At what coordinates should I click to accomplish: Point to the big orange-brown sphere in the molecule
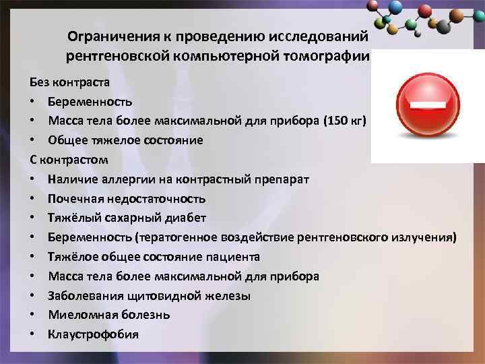(x=476, y=14)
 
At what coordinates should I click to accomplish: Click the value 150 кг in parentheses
(x=346, y=121)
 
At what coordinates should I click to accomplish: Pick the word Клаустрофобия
(x=93, y=334)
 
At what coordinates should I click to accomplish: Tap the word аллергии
(x=123, y=179)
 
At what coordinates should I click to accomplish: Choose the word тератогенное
(x=179, y=237)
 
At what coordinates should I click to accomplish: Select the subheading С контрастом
(x=69, y=160)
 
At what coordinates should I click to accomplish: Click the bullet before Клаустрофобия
(x=33, y=334)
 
